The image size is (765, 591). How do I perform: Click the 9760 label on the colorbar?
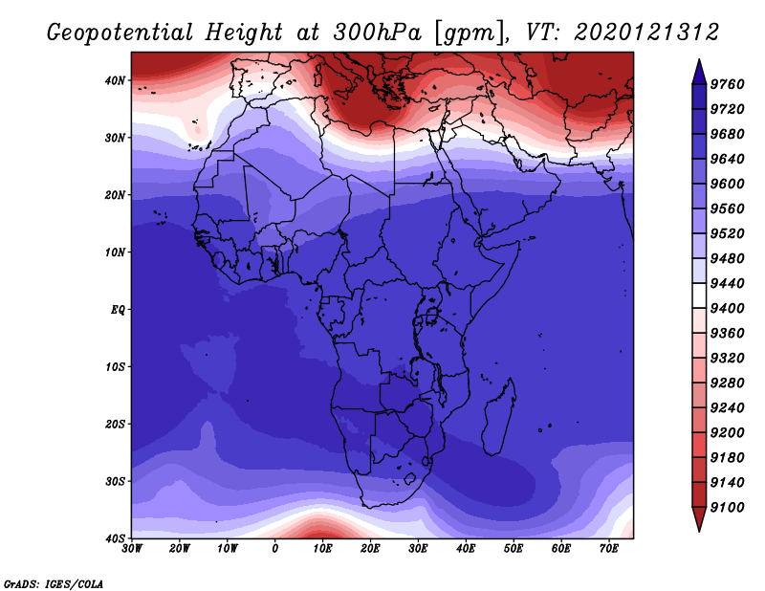coord(727,84)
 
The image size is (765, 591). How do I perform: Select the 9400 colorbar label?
coord(727,309)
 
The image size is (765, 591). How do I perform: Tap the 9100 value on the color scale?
coord(727,508)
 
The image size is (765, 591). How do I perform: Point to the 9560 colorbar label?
coord(727,208)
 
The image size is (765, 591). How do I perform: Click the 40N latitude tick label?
coord(115,80)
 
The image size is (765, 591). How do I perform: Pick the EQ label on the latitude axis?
coord(118,310)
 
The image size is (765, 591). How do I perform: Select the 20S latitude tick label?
coord(115,424)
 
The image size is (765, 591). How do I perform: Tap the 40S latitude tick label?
coord(115,538)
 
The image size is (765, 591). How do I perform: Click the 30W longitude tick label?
coord(132,549)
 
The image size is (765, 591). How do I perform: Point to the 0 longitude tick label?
coord(274,549)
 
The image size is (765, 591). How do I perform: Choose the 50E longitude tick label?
coord(514,549)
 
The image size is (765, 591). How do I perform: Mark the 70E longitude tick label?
coord(608,549)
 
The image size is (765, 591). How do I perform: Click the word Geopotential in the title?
coord(120,33)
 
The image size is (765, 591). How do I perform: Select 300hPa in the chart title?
coord(377,33)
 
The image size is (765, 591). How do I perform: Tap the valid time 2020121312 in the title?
coord(646,33)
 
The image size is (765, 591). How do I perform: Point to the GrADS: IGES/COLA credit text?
coord(54,583)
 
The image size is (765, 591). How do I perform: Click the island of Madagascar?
coord(499,417)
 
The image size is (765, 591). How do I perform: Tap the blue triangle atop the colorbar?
coord(699,72)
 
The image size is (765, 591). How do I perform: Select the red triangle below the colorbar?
coord(699,518)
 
